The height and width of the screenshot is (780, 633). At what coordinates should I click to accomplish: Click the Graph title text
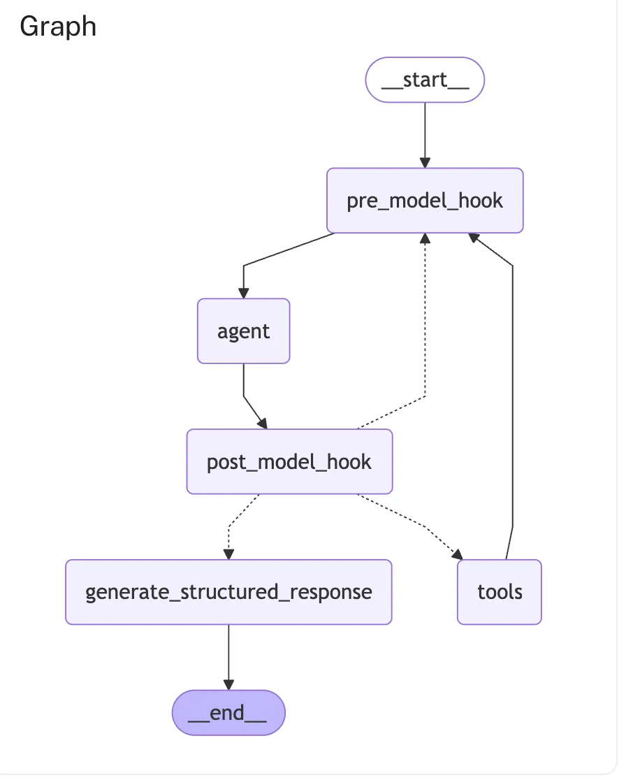pos(58,27)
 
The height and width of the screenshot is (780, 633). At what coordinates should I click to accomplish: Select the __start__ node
pos(425,80)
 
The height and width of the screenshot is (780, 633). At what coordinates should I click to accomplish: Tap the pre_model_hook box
pos(425,201)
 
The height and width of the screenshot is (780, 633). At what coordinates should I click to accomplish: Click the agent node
pos(243,331)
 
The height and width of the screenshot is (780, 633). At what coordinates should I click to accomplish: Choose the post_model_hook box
pos(289,461)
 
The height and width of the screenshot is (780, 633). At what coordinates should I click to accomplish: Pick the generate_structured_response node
pos(228,592)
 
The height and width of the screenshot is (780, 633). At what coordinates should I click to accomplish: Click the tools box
pos(500,592)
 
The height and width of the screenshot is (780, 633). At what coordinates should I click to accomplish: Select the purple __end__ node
pos(228,713)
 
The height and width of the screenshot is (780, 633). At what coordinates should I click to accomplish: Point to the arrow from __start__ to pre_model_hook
pos(425,133)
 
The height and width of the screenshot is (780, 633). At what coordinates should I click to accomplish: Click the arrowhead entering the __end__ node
pos(228,685)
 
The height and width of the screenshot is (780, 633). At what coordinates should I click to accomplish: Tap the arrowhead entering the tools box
pos(457,555)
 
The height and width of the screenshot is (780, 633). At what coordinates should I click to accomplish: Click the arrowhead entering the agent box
pos(243,294)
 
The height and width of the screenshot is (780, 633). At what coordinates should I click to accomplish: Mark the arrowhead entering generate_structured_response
pos(228,554)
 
